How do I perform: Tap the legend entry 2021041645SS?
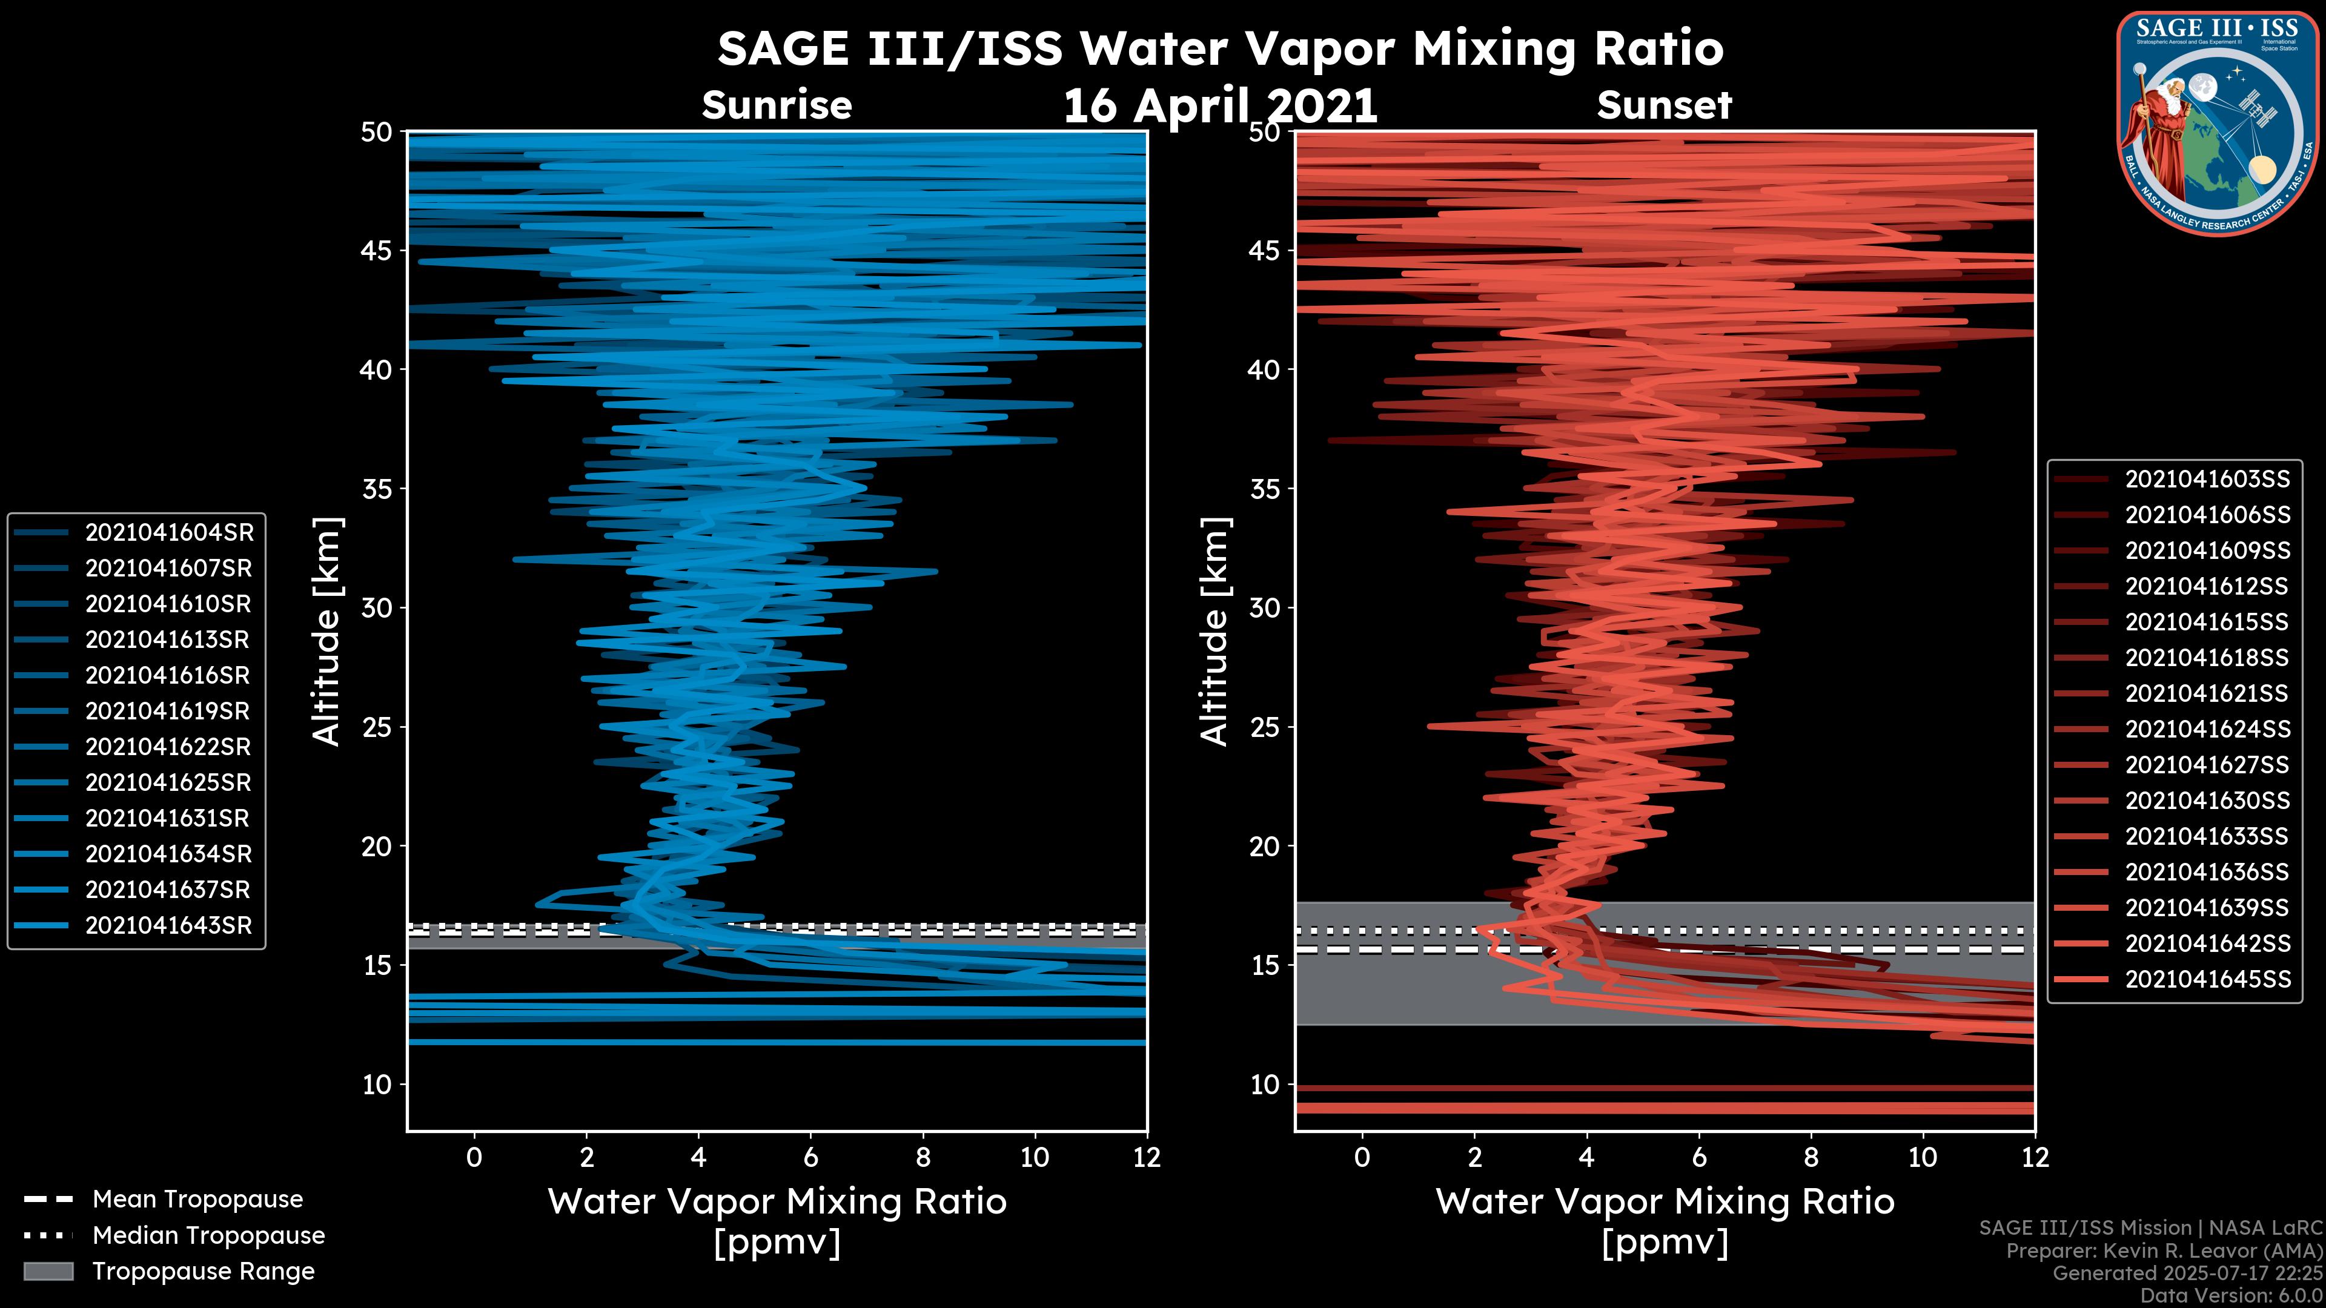pos(2207,979)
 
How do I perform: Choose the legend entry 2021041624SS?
pos(2207,729)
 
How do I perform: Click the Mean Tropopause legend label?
pos(197,1200)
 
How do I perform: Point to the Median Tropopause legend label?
pos(208,1236)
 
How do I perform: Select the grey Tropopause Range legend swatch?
pos(48,1272)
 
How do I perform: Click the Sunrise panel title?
pos(777,105)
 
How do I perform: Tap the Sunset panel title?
pos(1664,105)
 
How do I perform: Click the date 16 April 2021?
pos(1220,107)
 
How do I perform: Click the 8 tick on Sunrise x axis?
pos(923,1157)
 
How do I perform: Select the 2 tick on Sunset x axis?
pos(1474,1157)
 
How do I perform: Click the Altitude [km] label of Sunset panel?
pos(1215,632)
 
